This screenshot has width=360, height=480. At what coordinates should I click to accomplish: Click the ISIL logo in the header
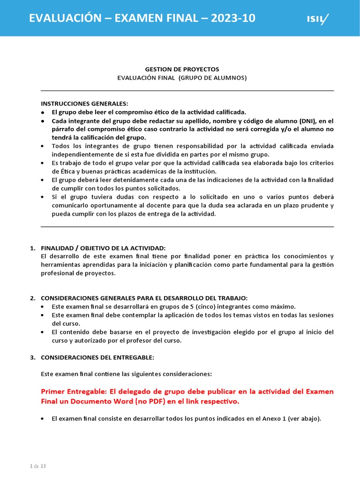point(317,18)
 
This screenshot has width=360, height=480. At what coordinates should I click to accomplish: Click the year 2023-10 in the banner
point(233,18)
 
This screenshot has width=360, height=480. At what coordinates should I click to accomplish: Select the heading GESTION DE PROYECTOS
point(182,69)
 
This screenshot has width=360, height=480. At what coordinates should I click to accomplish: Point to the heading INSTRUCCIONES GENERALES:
point(84,104)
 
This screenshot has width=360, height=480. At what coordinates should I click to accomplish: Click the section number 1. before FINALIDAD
point(32,247)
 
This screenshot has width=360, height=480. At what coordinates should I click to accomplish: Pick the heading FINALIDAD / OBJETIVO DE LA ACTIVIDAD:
point(103,247)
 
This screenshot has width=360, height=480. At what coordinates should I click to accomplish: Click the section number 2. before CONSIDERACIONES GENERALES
point(32,298)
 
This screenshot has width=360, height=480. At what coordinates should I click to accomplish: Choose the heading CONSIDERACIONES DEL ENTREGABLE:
point(97,357)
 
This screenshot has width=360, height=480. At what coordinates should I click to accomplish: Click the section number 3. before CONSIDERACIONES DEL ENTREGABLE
point(32,357)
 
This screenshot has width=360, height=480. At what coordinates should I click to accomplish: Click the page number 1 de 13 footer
point(37,466)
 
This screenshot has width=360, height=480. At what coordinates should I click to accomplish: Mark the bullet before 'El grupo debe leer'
point(43,112)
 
